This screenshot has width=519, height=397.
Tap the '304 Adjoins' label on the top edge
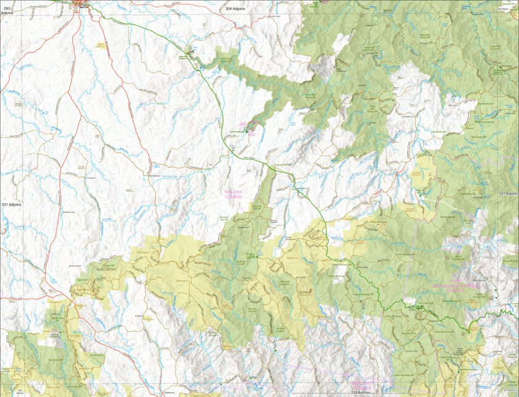click(237, 9)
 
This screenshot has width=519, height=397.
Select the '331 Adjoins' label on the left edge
click(11, 204)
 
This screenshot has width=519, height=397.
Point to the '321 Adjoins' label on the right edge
click(507, 193)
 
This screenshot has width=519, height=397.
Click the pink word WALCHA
click(234, 192)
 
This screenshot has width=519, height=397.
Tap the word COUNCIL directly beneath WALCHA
click(234, 197)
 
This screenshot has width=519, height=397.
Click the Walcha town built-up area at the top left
click(81, 6)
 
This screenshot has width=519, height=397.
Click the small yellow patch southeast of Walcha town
click(101, 46)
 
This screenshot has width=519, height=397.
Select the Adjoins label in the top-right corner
click(507, 9)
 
